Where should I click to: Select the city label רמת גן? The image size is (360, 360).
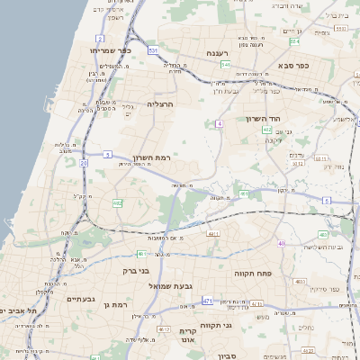118,305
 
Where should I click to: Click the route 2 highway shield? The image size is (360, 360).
99,39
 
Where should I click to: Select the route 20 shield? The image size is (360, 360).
83,163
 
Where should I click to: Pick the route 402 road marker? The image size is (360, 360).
267,130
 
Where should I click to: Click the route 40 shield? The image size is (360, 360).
282,243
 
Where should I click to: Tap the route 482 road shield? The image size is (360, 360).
118,203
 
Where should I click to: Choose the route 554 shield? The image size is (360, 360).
226,65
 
